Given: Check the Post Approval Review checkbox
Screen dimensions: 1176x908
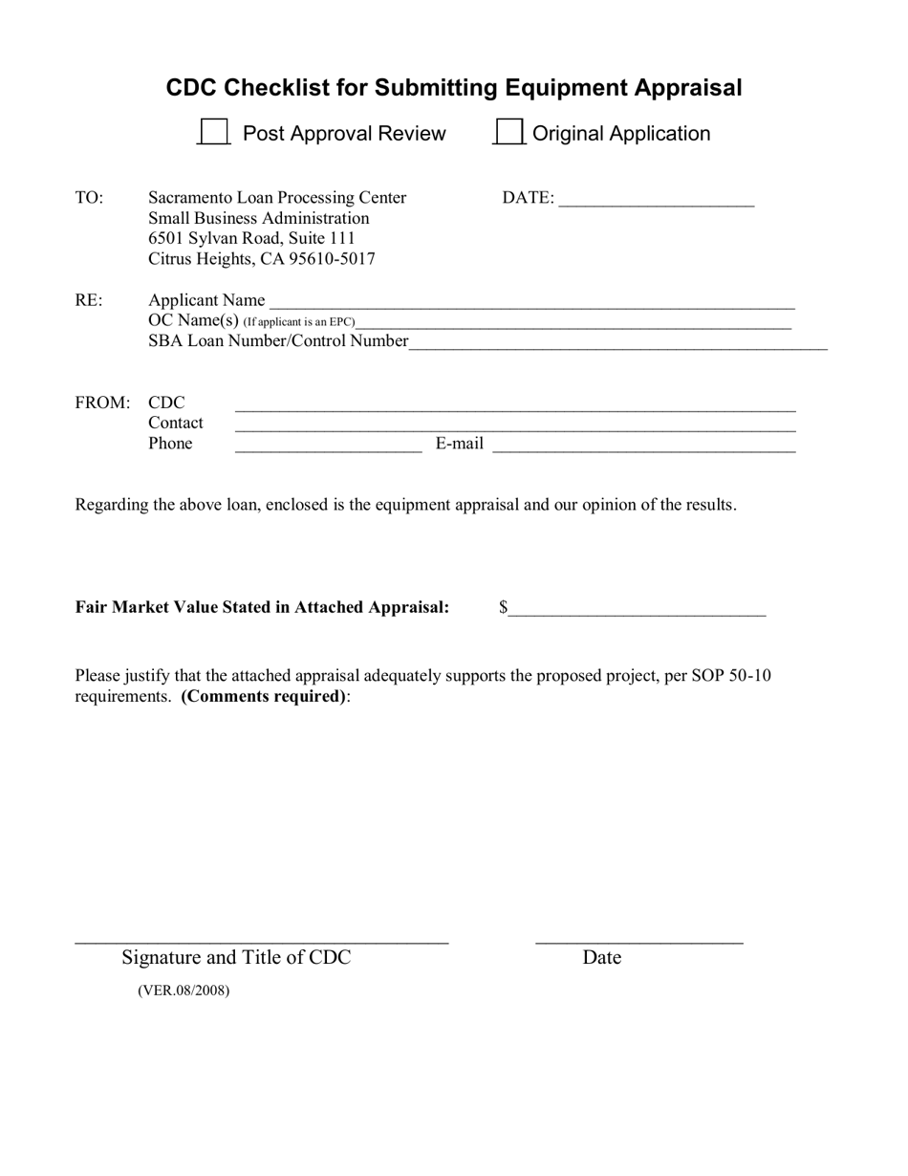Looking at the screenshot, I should (x=213, y=132).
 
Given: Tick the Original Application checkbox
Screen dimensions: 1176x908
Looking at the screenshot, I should (x=509, y=132).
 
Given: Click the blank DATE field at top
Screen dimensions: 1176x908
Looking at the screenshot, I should (x=657, y=200).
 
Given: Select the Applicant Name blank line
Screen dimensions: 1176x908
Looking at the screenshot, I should (x=531, y=302).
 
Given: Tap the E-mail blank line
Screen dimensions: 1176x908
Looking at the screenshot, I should (x=643, y=445).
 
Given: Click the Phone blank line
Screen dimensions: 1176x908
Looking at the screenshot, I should (x=328, y=445).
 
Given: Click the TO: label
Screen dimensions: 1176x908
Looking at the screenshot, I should (x=89, y=198).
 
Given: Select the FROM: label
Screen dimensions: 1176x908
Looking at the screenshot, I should (x=102, y=403).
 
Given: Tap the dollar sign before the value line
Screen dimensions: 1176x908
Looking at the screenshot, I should (x=503, y=607).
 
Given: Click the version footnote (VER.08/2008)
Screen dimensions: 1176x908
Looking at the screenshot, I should (x=184, y=991).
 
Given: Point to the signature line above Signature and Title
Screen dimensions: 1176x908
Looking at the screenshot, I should (x=261, y=943).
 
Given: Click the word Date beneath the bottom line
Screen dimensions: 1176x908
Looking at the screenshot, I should (x=601, y=957).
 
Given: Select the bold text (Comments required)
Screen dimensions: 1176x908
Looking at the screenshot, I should (x=264, y=696).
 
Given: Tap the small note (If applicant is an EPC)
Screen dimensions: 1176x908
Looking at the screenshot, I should (x=298, y=322).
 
